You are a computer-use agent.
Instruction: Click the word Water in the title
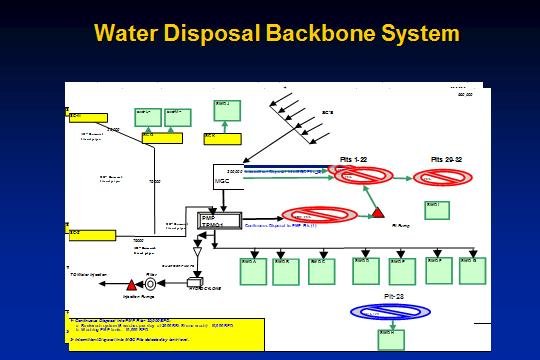pos(132,32)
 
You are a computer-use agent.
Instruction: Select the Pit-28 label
pos(394,297)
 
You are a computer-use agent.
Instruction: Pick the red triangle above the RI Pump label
pos(380,213)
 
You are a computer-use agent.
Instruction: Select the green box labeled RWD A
pos(253,270)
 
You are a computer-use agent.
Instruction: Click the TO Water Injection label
pos(87,274)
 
